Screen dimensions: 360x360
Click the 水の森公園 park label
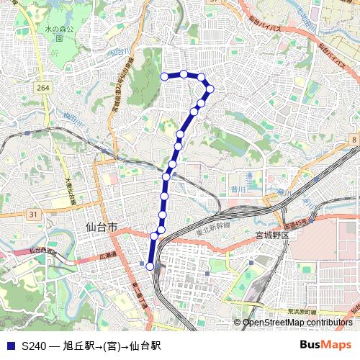click(x=53, y=33)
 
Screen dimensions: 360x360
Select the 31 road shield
click(x=33, y=215)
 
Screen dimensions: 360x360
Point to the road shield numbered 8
click(x=354, y=138)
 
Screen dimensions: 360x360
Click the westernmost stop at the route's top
click(x=165, y=76)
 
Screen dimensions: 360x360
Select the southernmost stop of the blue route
click(x=150, y=266)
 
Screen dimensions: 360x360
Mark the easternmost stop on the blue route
click(x=210, y=89)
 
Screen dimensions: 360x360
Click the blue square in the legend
click(x=9, y=346)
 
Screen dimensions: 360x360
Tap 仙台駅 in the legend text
click(x=145, y=346)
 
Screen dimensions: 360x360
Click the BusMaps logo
click(x=326, y=345)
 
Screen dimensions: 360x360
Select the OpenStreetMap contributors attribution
click(x=297, y=323)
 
